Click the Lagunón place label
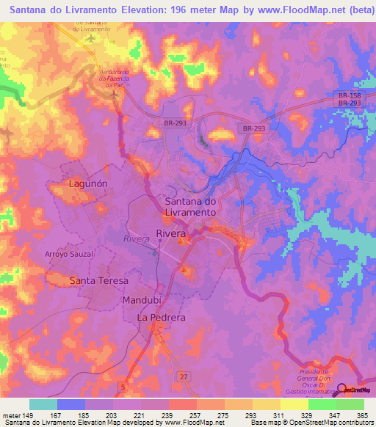87,184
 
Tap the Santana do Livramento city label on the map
190,206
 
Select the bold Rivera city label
171,233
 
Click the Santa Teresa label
98,281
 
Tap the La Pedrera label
162,318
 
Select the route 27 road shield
184,377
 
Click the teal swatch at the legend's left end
43,404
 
